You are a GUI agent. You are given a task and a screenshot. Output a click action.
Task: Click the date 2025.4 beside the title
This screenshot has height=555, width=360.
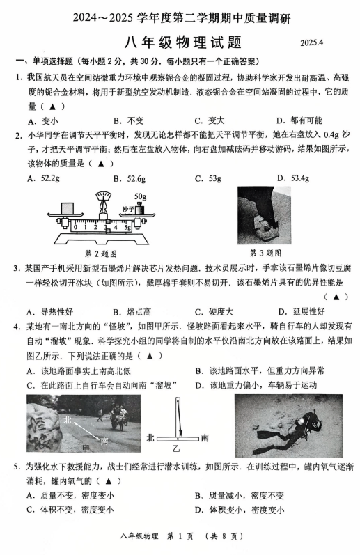tap(312, 42)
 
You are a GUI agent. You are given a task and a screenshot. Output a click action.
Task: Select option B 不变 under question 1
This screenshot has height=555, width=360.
tap(129, 120)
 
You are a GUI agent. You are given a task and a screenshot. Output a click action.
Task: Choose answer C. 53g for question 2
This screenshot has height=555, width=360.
tap(208, 178)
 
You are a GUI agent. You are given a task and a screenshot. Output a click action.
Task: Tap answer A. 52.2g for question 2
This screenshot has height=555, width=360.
tap(43, 178)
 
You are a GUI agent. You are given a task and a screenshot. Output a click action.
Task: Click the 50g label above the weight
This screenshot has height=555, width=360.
tap(140, 196)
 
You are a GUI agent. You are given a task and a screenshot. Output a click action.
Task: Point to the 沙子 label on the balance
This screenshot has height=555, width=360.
tap(127, 209)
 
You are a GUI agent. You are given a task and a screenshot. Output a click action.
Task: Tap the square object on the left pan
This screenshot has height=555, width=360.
tap(67, 208)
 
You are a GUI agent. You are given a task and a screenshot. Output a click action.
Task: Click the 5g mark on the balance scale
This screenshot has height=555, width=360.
tap(128, 228)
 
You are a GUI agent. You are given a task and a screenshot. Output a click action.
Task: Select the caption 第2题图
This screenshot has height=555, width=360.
tap(100, 253)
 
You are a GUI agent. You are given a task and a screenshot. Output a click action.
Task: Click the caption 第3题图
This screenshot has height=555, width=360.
tap(265, 253)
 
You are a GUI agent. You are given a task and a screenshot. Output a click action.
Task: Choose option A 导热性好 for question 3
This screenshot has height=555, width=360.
tap(50, 312)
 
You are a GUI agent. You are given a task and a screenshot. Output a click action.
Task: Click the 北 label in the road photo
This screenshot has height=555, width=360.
tap(68, 420)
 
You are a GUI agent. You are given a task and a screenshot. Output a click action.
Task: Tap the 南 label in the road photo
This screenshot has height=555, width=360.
tap(104, 441)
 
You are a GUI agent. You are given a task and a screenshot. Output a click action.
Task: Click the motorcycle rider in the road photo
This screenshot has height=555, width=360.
tap(118, 416)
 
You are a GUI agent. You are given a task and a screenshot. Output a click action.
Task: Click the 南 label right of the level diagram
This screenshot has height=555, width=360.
tap(205, 438)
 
